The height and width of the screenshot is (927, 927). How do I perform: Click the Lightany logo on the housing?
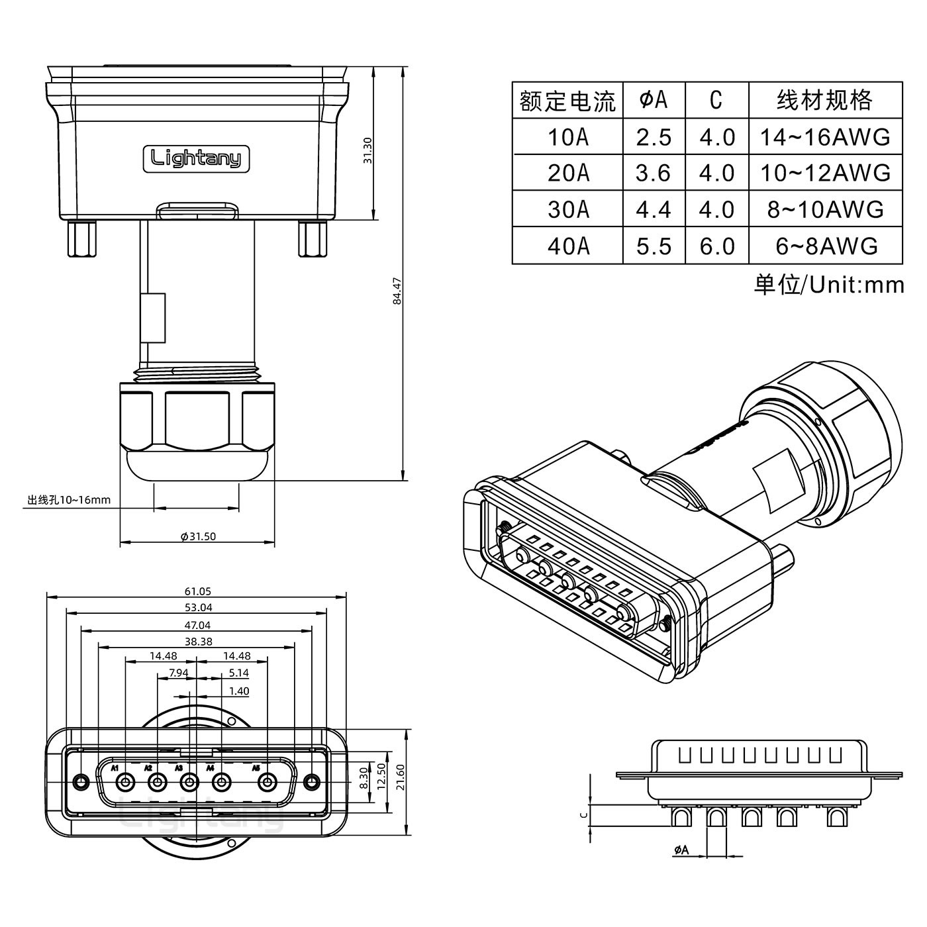point(196,159)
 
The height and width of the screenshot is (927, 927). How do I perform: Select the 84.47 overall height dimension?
point(397,291)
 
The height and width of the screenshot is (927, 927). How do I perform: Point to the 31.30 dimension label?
point(368,150)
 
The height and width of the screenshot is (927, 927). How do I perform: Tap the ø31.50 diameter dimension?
point(198,536)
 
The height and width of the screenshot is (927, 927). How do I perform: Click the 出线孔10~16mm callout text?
point(69,500)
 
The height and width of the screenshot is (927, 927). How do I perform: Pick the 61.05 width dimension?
point(197,591)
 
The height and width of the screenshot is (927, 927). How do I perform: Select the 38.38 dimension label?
point(198,641)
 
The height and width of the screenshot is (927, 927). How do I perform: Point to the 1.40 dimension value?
point(238,691)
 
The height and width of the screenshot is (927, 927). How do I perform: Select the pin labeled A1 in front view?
point(124,783)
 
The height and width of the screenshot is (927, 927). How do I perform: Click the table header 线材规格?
point(824,101)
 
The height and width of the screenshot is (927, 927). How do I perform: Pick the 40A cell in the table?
point(567,246)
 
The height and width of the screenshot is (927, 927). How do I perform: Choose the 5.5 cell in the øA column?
point(654,246)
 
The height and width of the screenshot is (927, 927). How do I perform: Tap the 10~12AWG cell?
point(824,173)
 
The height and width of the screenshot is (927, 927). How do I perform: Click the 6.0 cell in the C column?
point(717,246)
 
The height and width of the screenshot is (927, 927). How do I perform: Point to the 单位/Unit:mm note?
point(828,285)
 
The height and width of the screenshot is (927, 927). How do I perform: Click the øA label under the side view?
point(681,850)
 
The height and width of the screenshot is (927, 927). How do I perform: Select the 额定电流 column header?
point(567,101)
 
